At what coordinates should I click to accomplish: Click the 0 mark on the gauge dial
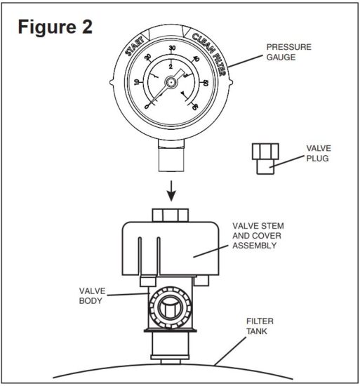tap(146, 106)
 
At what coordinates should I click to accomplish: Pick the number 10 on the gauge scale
tap(138, 81)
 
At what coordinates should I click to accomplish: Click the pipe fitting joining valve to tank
tap(171, 347)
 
